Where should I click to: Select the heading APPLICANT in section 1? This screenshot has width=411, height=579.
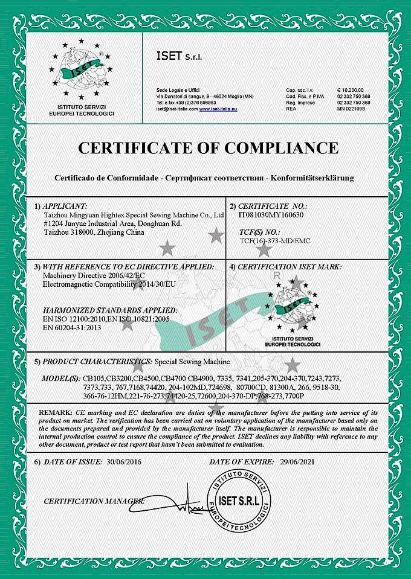[65, 206]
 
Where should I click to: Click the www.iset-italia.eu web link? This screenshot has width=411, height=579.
[218, 109]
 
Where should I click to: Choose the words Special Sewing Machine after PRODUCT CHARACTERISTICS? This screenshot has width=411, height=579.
[193, 361]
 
